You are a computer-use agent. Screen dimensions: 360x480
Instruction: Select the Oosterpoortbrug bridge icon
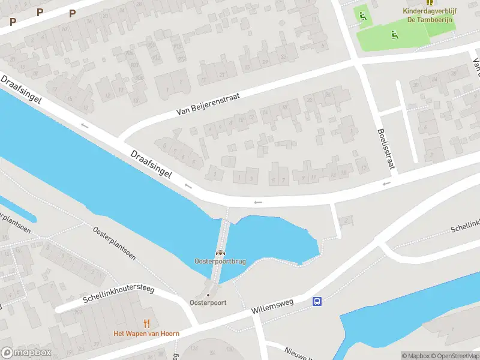(x=221, y=253)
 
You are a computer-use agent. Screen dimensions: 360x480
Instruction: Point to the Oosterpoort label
(x=208, y=302)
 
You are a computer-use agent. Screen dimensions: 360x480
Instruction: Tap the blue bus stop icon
(x=317, y=301)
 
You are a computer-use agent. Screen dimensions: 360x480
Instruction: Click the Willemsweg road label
(x=273, y=307)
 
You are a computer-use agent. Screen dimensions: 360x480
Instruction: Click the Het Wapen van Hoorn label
(x=146, y=334)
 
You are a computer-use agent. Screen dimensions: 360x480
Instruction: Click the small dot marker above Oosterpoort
(x=208, y=295)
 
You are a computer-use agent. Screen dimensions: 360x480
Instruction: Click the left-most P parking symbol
(x=13, y=22)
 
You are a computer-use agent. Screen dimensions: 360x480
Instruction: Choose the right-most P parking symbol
(x=73, y=13)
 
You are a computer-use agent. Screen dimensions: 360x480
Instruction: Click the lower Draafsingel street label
(x=151, y=164)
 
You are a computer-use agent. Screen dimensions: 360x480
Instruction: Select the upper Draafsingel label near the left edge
(x=21, y=89)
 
